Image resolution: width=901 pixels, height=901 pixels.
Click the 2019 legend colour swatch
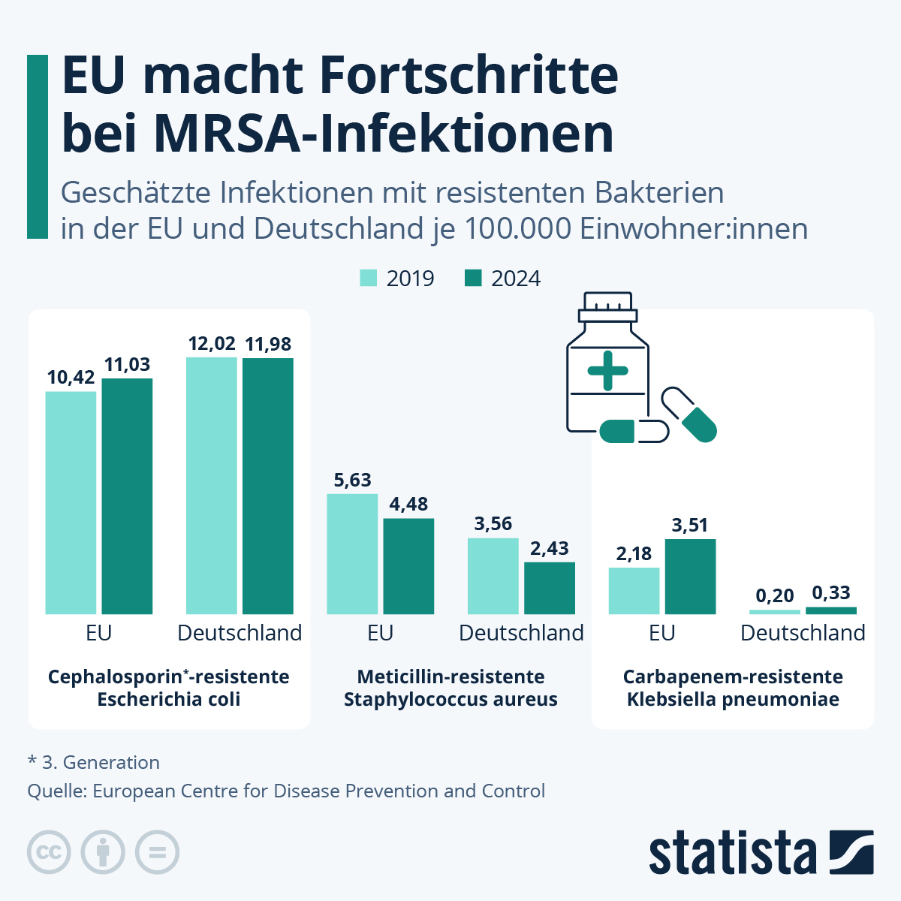point(368,278)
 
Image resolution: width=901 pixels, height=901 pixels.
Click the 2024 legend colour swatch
point(473,278)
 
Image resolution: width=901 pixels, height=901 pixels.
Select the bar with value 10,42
point(71,502)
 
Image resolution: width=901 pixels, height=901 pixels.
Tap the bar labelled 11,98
point(268,486)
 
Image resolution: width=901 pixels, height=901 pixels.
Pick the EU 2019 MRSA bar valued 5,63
point(352,553)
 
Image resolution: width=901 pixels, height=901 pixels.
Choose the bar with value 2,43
point(550,588)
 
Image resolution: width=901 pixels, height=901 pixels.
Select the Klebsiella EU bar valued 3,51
point(690,576)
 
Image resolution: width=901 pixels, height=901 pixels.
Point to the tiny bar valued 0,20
point(775,612)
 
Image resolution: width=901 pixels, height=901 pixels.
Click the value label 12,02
point(212,344)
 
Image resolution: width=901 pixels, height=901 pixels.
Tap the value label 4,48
point(408,505)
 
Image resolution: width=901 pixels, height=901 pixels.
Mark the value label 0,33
point(831,593)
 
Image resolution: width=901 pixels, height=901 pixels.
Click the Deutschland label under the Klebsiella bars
point(803,633)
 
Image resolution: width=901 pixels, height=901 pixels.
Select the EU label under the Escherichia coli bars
point(98,633)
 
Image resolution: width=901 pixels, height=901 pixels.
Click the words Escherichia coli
point(169,700)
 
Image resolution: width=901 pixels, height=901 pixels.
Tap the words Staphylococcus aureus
point(450,700)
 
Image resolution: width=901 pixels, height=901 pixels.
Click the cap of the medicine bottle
point(607,304)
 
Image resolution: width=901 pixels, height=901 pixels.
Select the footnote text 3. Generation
point(101,763)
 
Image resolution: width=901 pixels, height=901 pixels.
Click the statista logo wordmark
point(733,854)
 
